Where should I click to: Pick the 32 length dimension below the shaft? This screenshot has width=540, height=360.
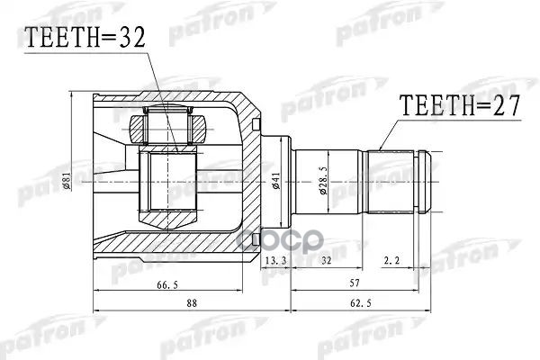coord(325,261)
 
